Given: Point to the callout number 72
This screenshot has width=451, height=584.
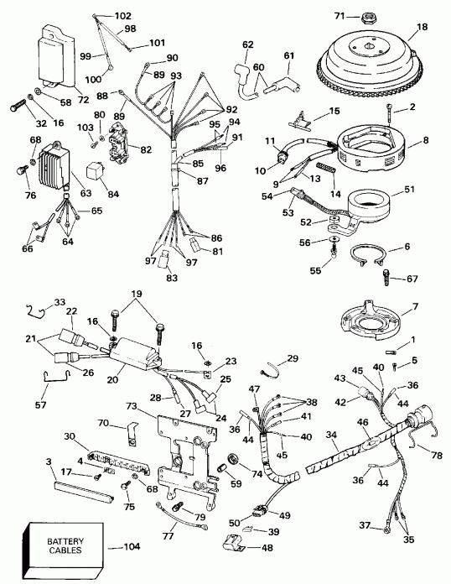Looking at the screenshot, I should (x=83, y=99).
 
